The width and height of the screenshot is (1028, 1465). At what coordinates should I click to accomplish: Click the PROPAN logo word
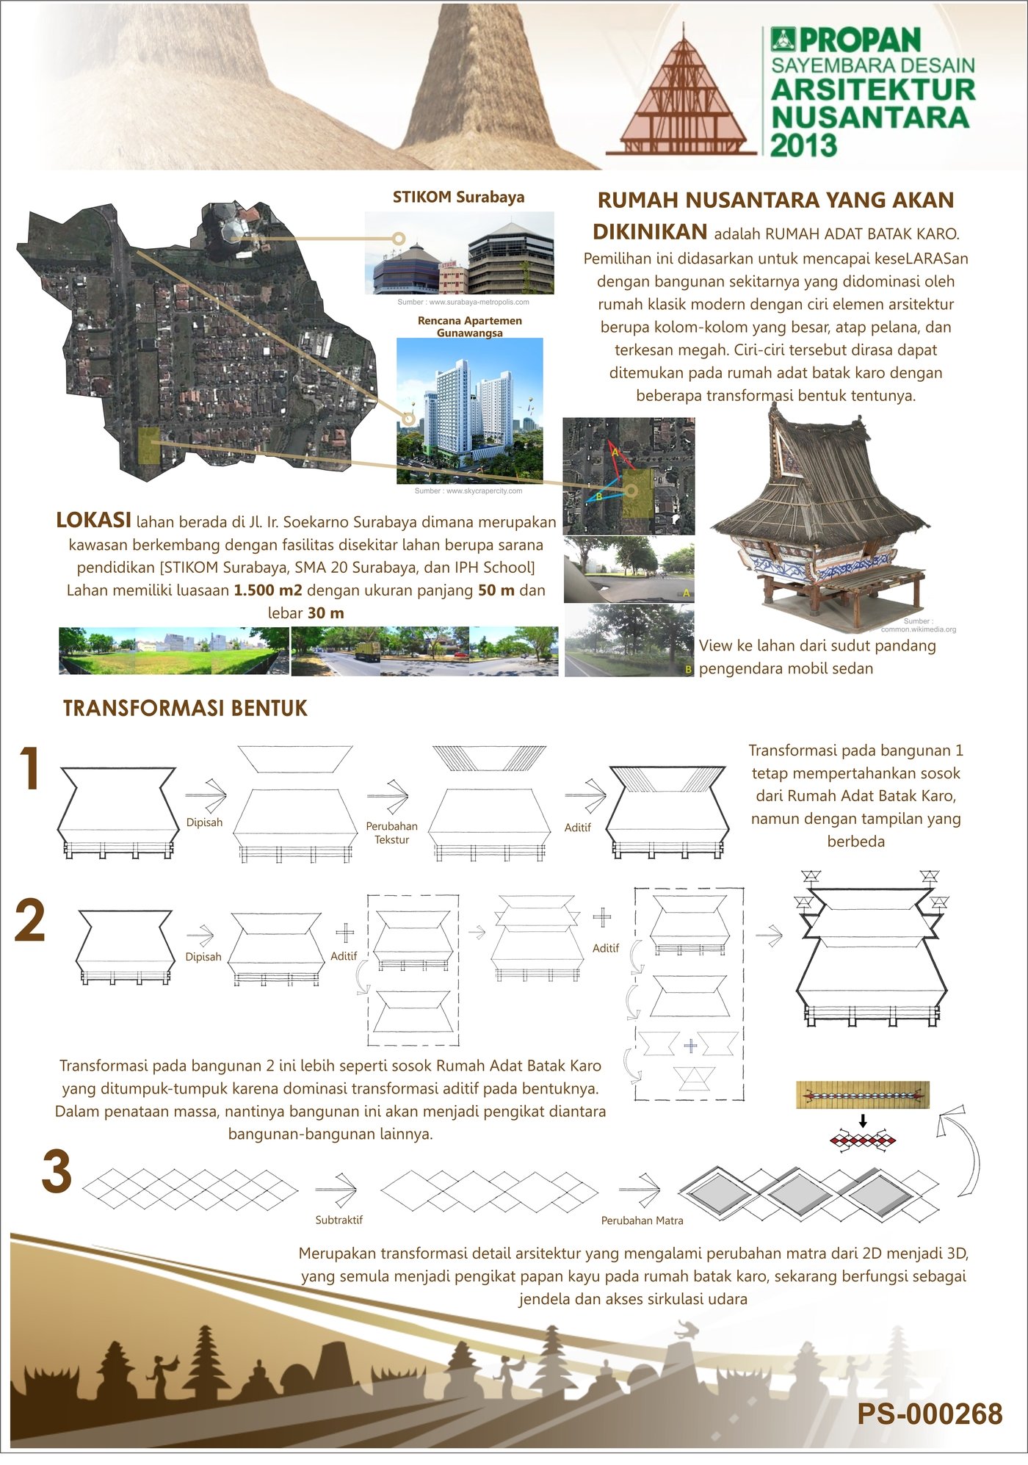(x=859, y=40)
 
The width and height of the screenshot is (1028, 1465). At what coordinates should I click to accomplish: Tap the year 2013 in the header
(x=803, y=145)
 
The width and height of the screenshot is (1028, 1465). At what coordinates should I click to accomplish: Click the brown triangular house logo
(x=681, y=95)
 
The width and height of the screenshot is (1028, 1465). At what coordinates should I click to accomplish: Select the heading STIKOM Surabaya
(x=458, y=197)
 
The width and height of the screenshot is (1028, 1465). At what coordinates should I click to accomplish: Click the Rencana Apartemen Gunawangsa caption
(x=470, y=327)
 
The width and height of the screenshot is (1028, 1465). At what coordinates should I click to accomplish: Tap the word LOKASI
(x=93, y=520)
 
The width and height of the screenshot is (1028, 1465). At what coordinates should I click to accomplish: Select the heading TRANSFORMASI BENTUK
(x=185, y=708)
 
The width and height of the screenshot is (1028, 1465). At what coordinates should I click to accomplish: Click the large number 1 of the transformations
(x=29, y=769)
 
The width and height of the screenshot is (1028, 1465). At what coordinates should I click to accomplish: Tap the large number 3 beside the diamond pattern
(x=57, y=1172)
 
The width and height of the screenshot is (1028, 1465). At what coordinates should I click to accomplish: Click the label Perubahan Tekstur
(x=391, y=833)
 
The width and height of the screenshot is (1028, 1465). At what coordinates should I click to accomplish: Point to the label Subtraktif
(x=339, y=1220)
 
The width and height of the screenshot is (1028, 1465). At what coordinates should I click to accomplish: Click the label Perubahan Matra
(x=642, y=1220)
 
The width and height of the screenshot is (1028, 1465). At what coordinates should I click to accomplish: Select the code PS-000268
(x=930, y=1414)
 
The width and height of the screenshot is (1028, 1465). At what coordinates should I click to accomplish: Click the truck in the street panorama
(x=367, y=651)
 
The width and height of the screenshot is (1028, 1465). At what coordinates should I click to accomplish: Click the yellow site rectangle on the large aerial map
(x=148, y=446)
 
